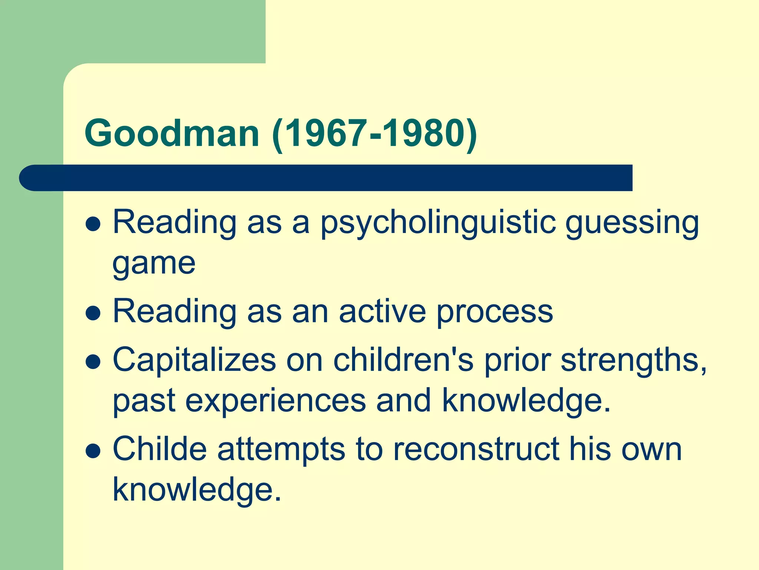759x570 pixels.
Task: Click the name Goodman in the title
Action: [x=172, y=134]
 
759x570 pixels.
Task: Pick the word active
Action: [x=382, y=312]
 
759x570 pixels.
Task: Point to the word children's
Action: [x=403, y=360]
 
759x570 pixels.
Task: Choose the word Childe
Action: [x=159, y=449]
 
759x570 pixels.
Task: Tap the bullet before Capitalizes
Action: [x=93, y=362]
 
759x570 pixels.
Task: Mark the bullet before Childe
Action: [x=93, y=451]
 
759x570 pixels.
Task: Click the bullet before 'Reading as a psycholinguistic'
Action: [x=93, y=225]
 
